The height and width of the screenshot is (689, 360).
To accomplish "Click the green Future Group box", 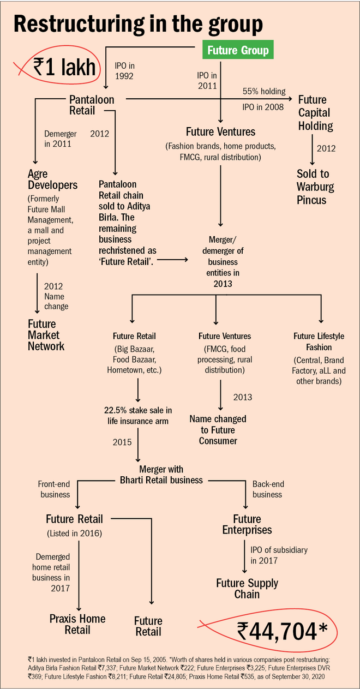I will (238, 51).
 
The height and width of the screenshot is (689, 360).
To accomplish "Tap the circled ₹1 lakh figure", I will (64, 68).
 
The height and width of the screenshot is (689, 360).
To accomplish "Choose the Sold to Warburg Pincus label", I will (315, 187).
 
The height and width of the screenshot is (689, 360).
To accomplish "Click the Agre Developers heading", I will (52, 180).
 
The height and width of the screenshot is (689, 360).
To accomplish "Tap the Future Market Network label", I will (46, 334).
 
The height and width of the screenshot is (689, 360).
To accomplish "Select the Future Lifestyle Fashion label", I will (320, 341).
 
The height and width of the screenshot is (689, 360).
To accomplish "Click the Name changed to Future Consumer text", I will (218, 430).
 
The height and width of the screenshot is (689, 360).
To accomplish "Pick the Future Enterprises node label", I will (247, 524).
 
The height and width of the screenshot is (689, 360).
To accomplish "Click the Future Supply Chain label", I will (247, 589).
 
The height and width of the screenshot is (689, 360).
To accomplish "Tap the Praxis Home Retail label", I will (77, 624).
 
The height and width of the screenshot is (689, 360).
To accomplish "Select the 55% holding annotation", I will (264, 91).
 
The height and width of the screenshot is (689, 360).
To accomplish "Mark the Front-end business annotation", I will (54, 489).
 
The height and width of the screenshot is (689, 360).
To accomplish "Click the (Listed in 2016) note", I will (74, 532).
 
